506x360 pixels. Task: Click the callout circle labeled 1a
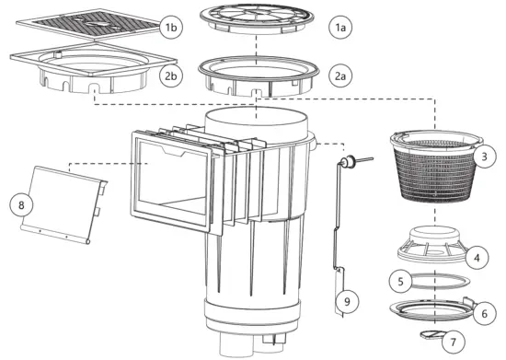pyautogui.click(x=340, y=27)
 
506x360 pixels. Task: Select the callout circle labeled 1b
pyautogui.click(x=171, y=27)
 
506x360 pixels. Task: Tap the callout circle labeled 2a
pyautogui.click(x=340, y=75)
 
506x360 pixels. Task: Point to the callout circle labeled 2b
pyautogui.click(x=171, y=75)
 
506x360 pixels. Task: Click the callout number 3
pyautogui.click(x=484, y=157)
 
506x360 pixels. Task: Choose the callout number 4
pyautogui.click(x=477, y=258)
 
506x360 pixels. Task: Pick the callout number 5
pyautogui.click(x=401, y=281)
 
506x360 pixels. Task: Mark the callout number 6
pyautogui.click(x=484, y=314)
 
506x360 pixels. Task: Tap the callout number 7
pyautogui.click(x=454, y=342)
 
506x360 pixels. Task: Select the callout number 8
pyautogui.click(x=21, y=205)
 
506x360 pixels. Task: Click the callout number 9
pyautogui.click(x=347, y=302)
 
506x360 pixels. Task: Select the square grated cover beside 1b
pyautogui.click(x=88, y=25)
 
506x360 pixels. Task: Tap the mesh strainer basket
pyautogui.click(x=436, y=167)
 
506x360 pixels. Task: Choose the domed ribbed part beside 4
pyautogui.click(x=432, y=244)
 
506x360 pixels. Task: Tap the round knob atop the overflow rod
pyautogui.click(x=349, y=160)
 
